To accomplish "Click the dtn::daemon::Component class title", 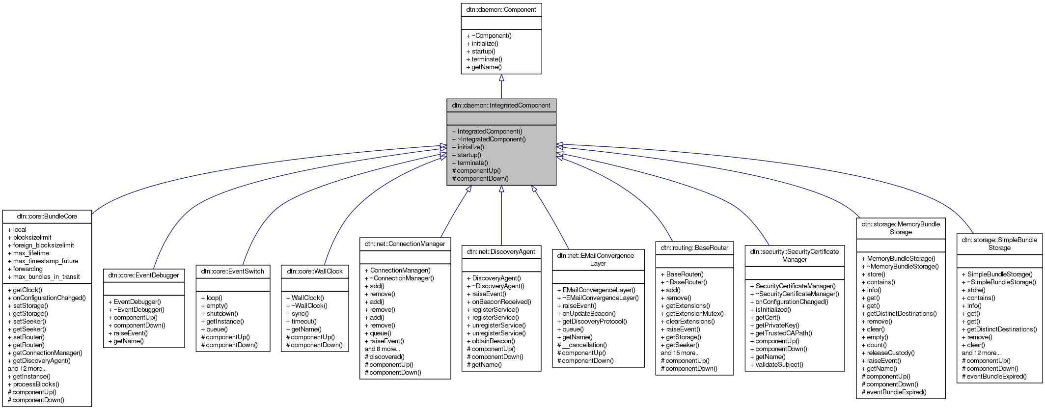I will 501,9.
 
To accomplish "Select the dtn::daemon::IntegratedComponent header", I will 501,105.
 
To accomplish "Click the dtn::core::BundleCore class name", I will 47,216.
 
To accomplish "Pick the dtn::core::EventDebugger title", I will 144,275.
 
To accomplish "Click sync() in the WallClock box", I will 300,314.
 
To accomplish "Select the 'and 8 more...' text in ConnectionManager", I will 382,349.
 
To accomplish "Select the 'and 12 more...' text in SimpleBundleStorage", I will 981,353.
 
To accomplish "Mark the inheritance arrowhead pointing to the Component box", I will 501,78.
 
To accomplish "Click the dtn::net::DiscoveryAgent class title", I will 501,251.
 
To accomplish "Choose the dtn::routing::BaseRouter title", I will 694,247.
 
